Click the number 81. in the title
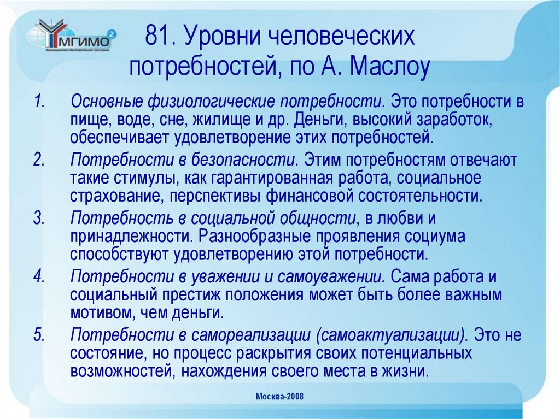pos(160,38)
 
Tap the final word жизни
pos(405,371)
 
